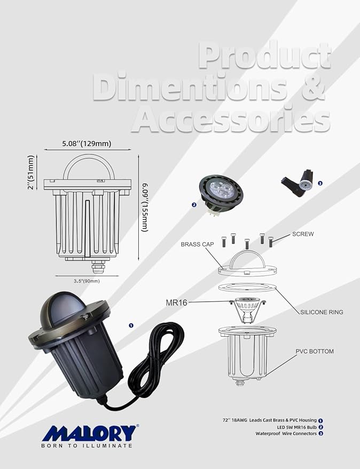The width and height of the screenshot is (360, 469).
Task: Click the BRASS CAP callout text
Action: (x=198, y=244)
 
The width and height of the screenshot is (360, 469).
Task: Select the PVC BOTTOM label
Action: (x=316, y=351)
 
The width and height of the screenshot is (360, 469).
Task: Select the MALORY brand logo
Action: (x=90, y=432)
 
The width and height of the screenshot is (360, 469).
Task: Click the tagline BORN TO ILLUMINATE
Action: (x=87, y=445)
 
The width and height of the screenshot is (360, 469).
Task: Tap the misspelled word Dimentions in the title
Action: (x=191, y=86)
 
